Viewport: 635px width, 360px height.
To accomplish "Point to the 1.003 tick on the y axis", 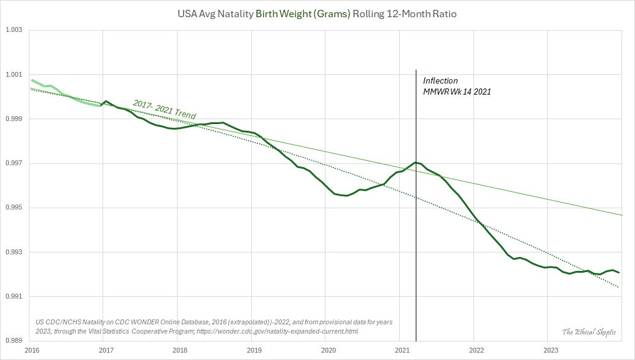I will pyautogui.click(x=14, y=29).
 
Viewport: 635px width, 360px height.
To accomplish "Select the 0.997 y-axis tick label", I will pyautogui.click(x=14, y=163).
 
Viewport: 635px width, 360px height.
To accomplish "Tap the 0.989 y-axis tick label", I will pyautogui.click(x=14, y=341).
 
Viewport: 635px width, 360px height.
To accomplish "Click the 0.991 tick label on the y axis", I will pyautogui.click(x=14, y=297).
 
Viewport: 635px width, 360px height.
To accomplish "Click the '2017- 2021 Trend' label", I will pyautogui.click(x=164, y=109).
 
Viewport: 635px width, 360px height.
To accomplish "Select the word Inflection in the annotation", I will pyautogui.click(x=440, y=81).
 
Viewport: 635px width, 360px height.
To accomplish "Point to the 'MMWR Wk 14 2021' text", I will pyautogui.click(x=457, y=92).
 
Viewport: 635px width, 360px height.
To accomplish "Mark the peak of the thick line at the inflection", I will pyautogui.click(x=416, y=163).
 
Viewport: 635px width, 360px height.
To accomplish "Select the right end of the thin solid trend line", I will pyautogui.click(x=622, y=215).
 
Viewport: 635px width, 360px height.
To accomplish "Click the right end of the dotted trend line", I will pyautogui.click(x=618, y=287).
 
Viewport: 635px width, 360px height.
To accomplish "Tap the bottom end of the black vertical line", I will pyautogui.click(x=416, y=340).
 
